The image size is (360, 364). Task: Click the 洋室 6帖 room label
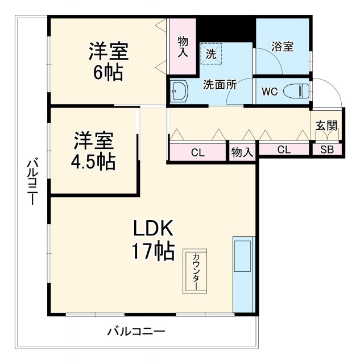108,61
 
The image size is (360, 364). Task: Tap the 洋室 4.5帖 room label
93,151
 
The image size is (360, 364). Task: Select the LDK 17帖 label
154,240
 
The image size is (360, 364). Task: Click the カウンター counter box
195,271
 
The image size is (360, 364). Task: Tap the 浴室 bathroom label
282,47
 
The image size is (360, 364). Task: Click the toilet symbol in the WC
296,90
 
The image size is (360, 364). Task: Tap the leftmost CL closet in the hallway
198,152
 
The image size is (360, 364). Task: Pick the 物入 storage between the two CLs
243,152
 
